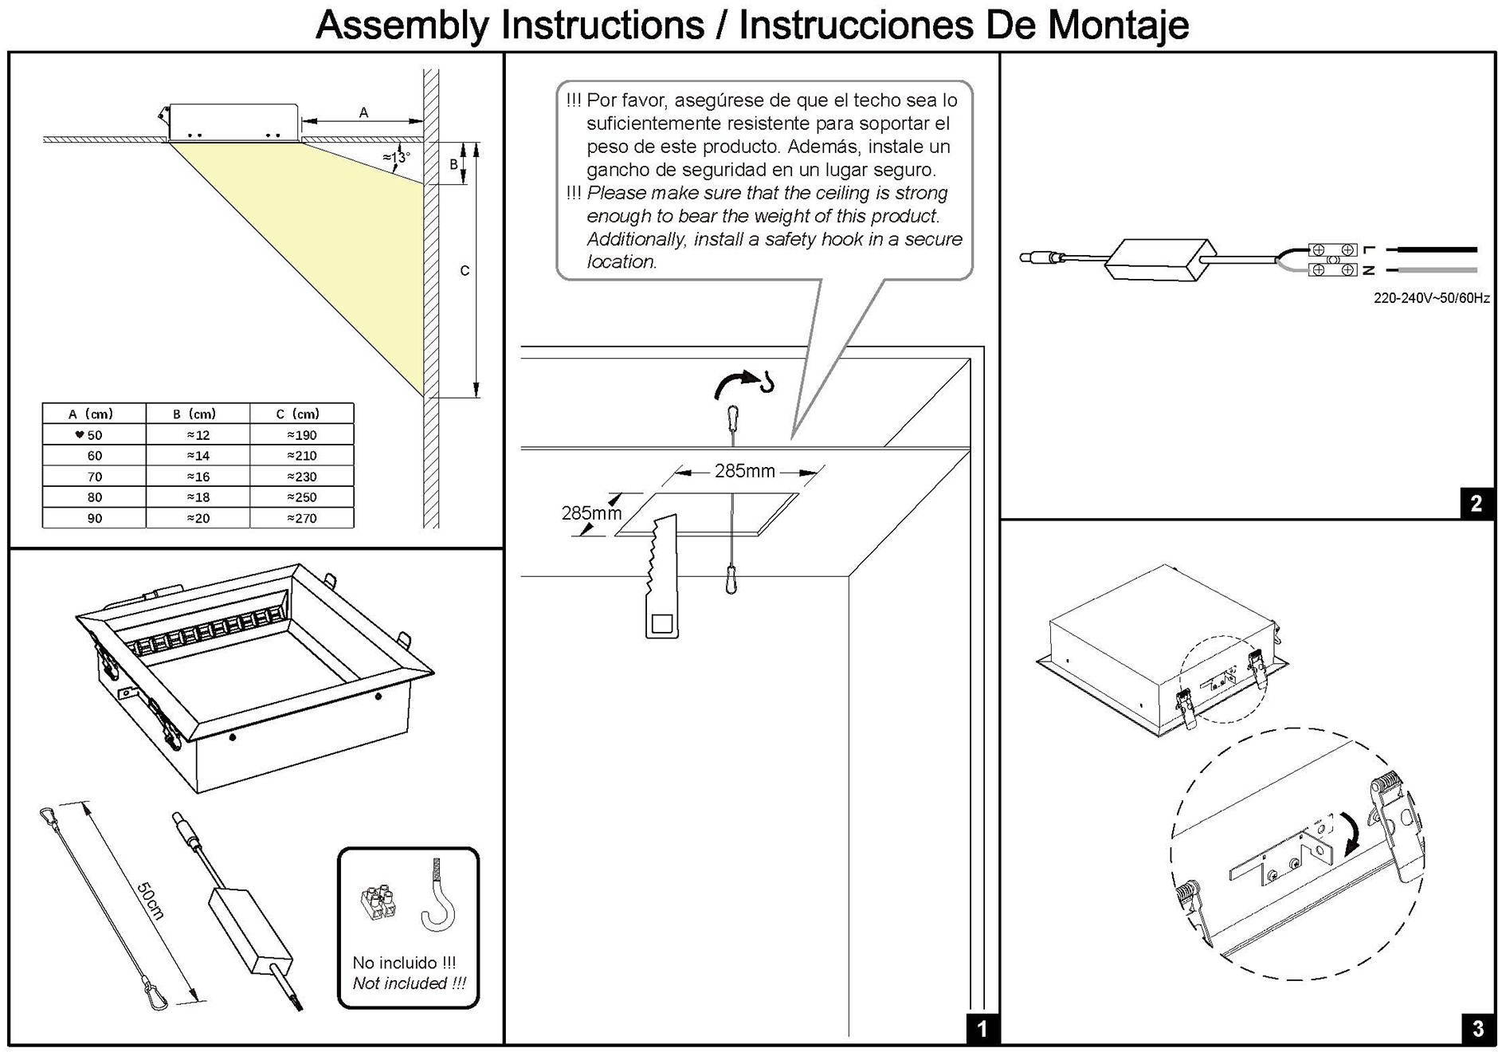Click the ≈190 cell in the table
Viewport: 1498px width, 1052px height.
[x=302, y=435]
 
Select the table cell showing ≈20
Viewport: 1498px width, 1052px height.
[x=198, y=518]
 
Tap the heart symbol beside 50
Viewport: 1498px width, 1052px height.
[x=79, y=434]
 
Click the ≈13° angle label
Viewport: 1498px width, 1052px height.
[x=396, y=157]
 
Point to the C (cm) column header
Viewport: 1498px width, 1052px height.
[x=298, y=414]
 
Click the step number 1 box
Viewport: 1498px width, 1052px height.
[x=982, y=1029]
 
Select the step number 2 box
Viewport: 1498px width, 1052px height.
[x=1476, y=504]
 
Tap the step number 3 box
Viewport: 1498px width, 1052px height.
[x=1478, y=1029]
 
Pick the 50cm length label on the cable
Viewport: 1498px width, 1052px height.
[x=150, y=901]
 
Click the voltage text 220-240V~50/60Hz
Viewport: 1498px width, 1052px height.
[x=1431, y=299]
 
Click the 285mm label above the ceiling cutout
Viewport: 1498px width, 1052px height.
[x=745, y=471]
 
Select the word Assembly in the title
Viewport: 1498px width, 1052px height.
[x=402, y=25]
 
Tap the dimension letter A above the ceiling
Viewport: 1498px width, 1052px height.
[x=363, y=112]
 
